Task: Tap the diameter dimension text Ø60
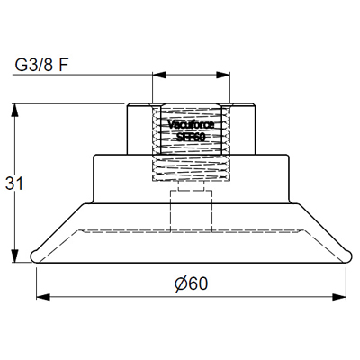[191, 283]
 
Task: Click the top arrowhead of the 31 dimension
[15, 108]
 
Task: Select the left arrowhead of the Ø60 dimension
[40, 295]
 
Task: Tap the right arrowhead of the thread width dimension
[225, 76]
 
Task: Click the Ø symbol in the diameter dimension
[181, 283]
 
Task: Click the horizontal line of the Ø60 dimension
[108, 295]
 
